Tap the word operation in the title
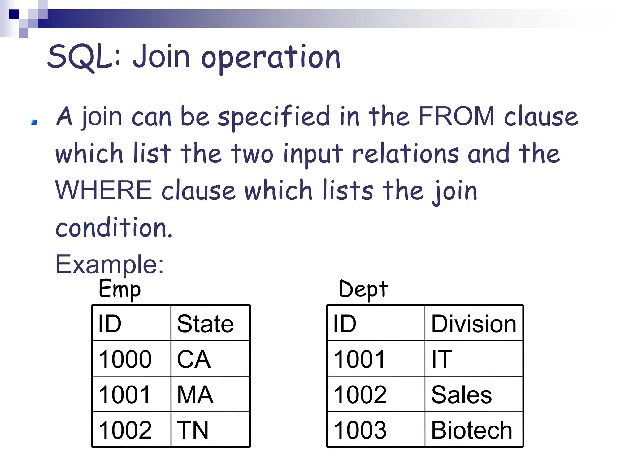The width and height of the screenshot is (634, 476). pyautogui.click(x=271, y=58)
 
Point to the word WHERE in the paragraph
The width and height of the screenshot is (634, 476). pyautogui.click(x=103, y=190)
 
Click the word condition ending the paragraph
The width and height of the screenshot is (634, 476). pyautogui.click(x=113, y=228)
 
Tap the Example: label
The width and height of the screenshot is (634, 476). pyautogui.click(x=109, y=264)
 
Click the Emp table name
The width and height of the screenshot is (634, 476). pyautogui.click(x=119, y=289)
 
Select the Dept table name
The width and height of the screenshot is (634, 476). pyautogui.click(x=363, y=289)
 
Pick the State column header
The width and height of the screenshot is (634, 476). pyautogui.click(x=205, y=324)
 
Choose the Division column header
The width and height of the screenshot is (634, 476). pyautogui.click(x=474, y=324)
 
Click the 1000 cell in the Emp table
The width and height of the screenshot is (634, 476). pyautogui.click(x=125, y=359)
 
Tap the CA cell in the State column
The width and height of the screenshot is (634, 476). pyautogui.click(x=194, y=359)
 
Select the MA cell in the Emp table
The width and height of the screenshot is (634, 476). pyautogui.click(x=195, y=395)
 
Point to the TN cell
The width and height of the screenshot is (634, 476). pyautogui.click(x=193, y=430)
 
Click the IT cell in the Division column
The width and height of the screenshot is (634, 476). pyautogui.click(x=442, y=359)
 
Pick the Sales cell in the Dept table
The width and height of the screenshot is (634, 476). pyautogui.click(x=461, y=395)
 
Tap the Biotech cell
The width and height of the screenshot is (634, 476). pyautogui.click(x=471, y=430)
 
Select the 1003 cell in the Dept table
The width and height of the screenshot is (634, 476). pyautogui.click(x=360, y=430)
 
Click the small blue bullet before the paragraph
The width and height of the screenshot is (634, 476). pyautogui.click(x=34, y=123)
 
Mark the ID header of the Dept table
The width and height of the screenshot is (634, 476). pyautogui.click(x=345, y=324)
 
